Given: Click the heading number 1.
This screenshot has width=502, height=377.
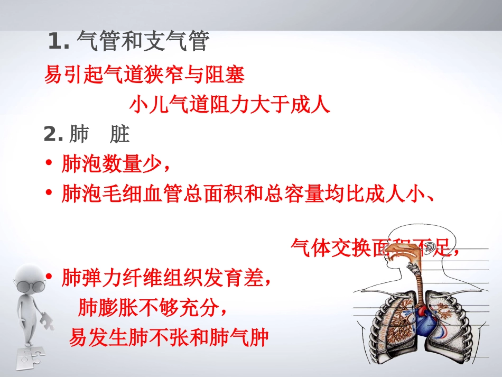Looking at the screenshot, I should [58, 42].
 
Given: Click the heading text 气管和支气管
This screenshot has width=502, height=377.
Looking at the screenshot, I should [143, 41].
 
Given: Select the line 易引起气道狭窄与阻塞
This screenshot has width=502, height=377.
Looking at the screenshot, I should [144, 76].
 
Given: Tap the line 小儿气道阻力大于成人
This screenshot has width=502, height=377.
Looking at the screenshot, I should [230, 105].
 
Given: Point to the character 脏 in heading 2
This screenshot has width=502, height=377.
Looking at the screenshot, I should [120, 135].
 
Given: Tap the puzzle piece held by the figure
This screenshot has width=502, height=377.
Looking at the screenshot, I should [47, 320].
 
